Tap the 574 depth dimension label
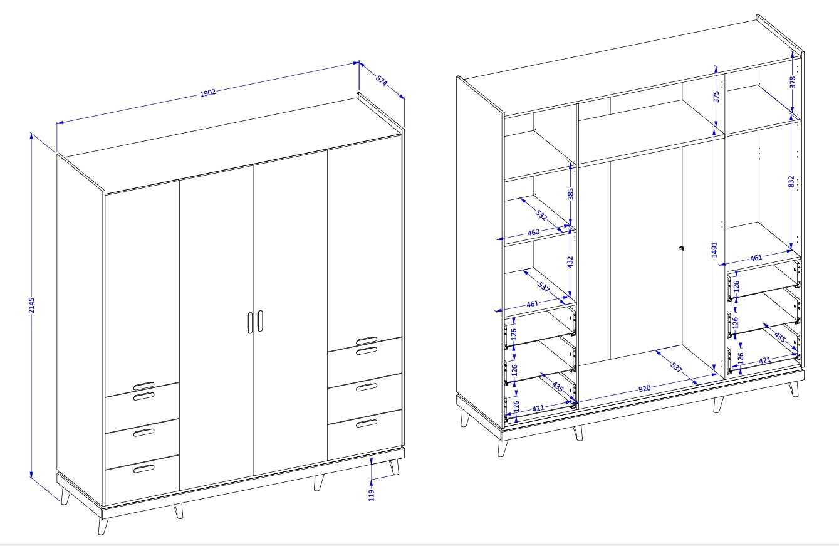[382, 81]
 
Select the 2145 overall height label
[31, 305]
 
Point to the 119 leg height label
[371, 495]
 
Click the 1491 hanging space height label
[714, 249]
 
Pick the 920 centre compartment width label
[644, 389]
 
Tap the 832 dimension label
[791, 181]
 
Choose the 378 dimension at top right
[793, 83]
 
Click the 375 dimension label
[716, 97]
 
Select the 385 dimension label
[570, 194]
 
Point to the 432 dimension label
[570, 261]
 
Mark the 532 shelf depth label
[541, 215]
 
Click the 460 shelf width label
[533, 233]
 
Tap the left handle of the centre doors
[250, 322]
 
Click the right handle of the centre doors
[259, 320]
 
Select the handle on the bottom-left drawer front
[144, 469]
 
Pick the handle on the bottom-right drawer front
[367, 424]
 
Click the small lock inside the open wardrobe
[680, 248]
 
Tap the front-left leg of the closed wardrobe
[103, 526]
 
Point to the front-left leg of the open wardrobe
[503, 448]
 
